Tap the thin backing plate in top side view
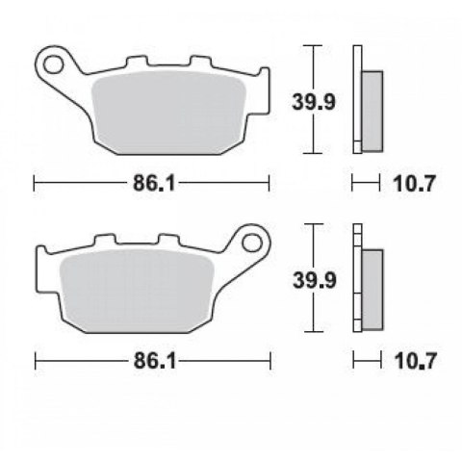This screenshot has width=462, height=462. [357, 96]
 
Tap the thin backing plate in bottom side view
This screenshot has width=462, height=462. [357, 279]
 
